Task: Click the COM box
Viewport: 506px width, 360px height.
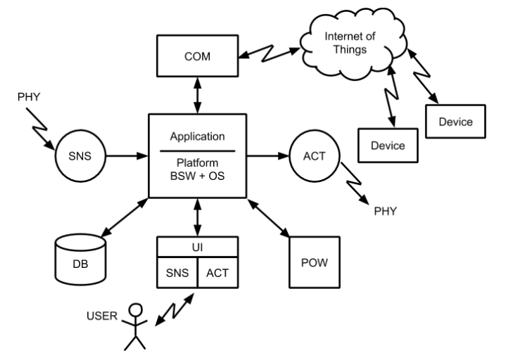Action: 196,56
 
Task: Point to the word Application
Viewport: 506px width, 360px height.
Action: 196,136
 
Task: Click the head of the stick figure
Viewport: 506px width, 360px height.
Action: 135,310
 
